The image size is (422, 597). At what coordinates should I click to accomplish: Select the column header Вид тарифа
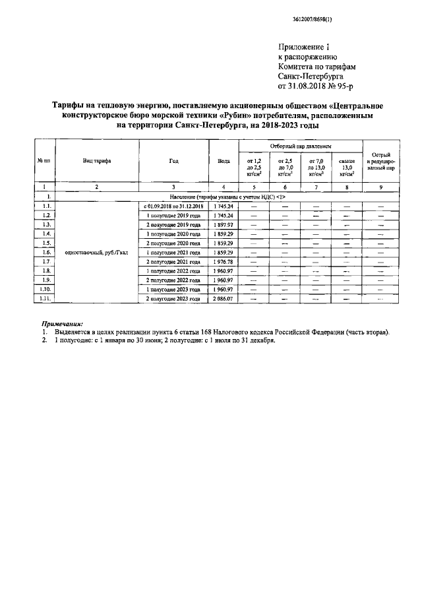[96, 160]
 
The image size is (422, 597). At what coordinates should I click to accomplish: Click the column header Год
[173, 160]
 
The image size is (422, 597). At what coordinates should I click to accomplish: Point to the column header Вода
[224, 160]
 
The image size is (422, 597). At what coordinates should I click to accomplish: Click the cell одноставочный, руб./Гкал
[96, 253]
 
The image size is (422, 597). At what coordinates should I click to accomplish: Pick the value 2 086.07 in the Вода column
[224, 299]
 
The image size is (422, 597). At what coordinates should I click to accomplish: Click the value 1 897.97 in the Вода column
[224, 225]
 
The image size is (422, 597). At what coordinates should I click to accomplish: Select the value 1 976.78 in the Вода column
[224, 262]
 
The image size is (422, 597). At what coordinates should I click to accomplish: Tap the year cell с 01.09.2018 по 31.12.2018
[173, 206]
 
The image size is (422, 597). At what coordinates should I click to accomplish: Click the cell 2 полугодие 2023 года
[173, 299]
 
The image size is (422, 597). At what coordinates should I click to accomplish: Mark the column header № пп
[44, 160]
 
